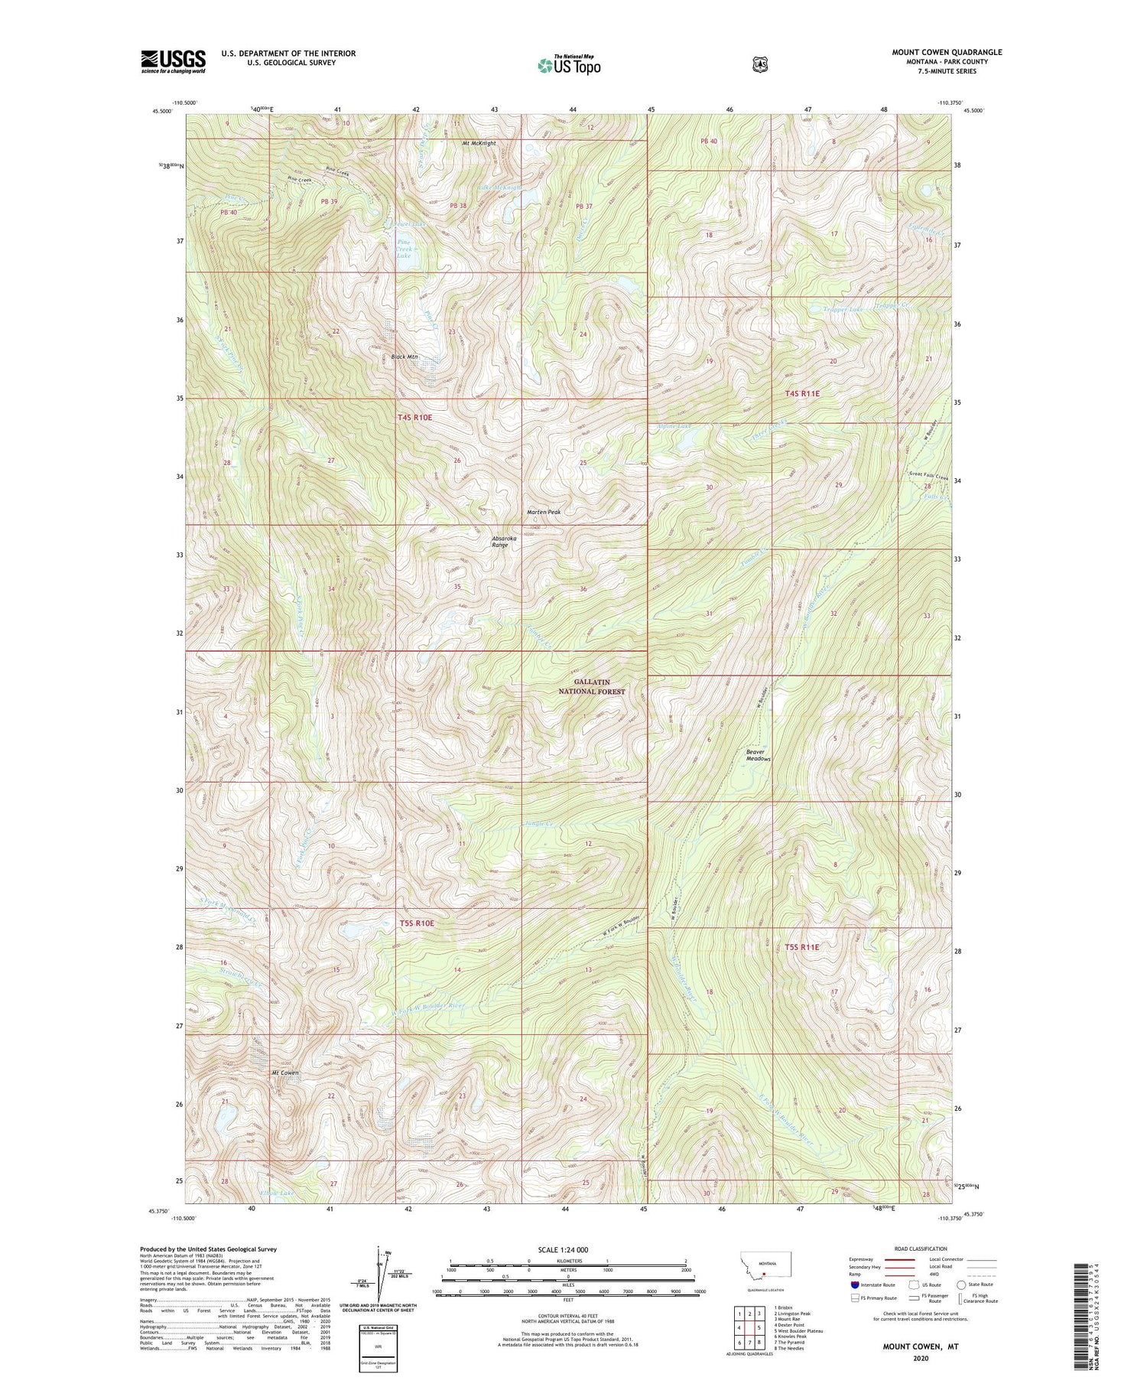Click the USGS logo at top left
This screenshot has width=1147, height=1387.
point(173,61)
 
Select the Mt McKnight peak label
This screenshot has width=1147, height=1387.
point(479,143)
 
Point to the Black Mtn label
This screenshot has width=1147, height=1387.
point(405,357)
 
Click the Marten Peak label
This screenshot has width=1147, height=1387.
point(544,512)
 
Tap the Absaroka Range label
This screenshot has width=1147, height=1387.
point(504,542)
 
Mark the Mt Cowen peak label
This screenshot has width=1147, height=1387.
point(284,1073)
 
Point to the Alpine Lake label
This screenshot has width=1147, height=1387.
point(673,425)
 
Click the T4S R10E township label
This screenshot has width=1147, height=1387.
point(415,418)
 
